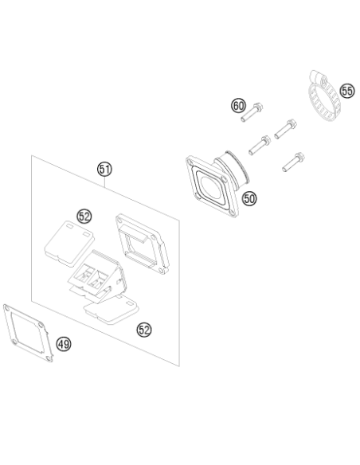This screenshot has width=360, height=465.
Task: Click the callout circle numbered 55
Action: [347, 91]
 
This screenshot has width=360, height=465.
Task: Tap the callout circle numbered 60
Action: [238, 106]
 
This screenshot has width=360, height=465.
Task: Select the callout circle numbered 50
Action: [249, 198]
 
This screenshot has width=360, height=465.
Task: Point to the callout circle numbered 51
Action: [104, 170]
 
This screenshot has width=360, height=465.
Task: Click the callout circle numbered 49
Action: [64, 344]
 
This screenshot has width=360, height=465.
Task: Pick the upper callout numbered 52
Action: [84, 217]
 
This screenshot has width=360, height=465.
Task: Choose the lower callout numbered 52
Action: [144, 330]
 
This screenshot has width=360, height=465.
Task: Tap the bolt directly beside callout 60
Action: [252, 112]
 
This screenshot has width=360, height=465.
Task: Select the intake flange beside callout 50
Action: [217, 184]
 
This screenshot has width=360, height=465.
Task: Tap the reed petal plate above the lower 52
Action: [112, 311]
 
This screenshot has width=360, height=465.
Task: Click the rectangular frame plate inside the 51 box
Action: [142, 244]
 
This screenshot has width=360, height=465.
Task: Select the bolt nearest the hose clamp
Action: [286, 129]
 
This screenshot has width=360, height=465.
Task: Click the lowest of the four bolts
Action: [294, 162]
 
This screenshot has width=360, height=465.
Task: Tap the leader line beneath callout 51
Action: [104, 182]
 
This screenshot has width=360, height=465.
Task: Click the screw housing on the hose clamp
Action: [318, 77]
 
